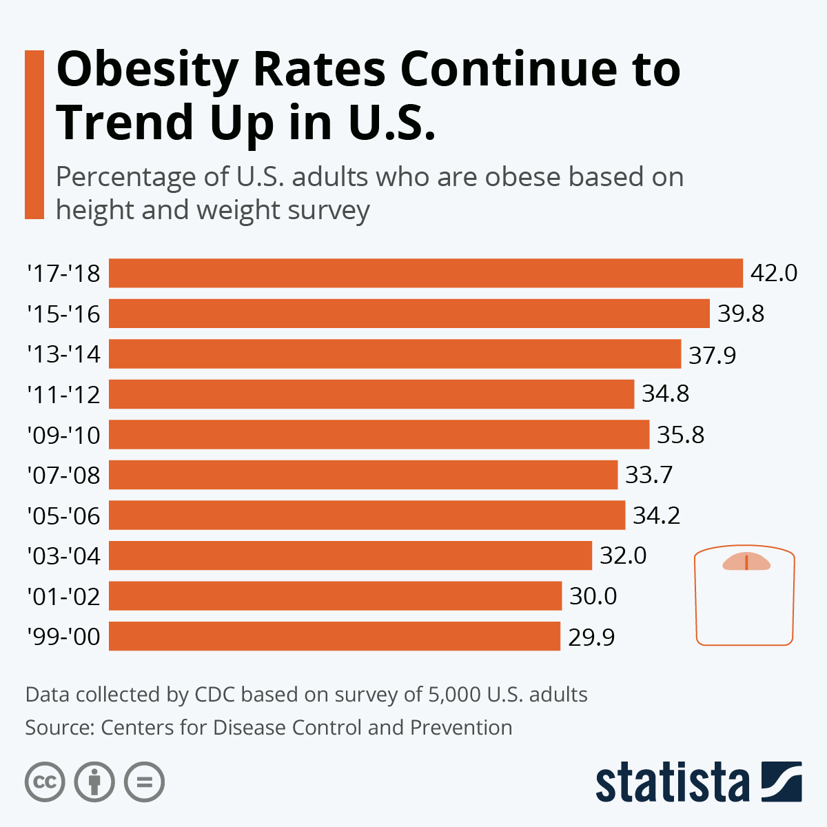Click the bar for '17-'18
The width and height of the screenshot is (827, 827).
point(425,273)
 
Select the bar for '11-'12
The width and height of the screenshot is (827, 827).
point(371,394)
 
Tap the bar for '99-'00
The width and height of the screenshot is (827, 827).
point(334,636)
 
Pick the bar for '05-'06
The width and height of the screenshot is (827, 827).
point(367,515)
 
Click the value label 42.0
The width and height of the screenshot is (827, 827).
point(773,273)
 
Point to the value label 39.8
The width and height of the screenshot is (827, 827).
point(741,314)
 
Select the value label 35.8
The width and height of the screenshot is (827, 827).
point(680,435)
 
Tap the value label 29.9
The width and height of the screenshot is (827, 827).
point(591,637)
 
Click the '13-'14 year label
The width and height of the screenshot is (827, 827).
point(63,354)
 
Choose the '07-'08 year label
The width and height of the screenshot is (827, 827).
point(63,475)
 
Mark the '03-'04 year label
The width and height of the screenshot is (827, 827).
point(63,555)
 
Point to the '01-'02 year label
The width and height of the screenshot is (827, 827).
point(63,596)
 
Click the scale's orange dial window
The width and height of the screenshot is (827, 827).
point(746,562)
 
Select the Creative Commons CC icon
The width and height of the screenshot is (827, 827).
point(45,782)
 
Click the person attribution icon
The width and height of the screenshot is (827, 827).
point(94,782)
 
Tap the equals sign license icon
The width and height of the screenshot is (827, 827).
point(144,782)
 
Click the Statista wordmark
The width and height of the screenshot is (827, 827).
point(672,782)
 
